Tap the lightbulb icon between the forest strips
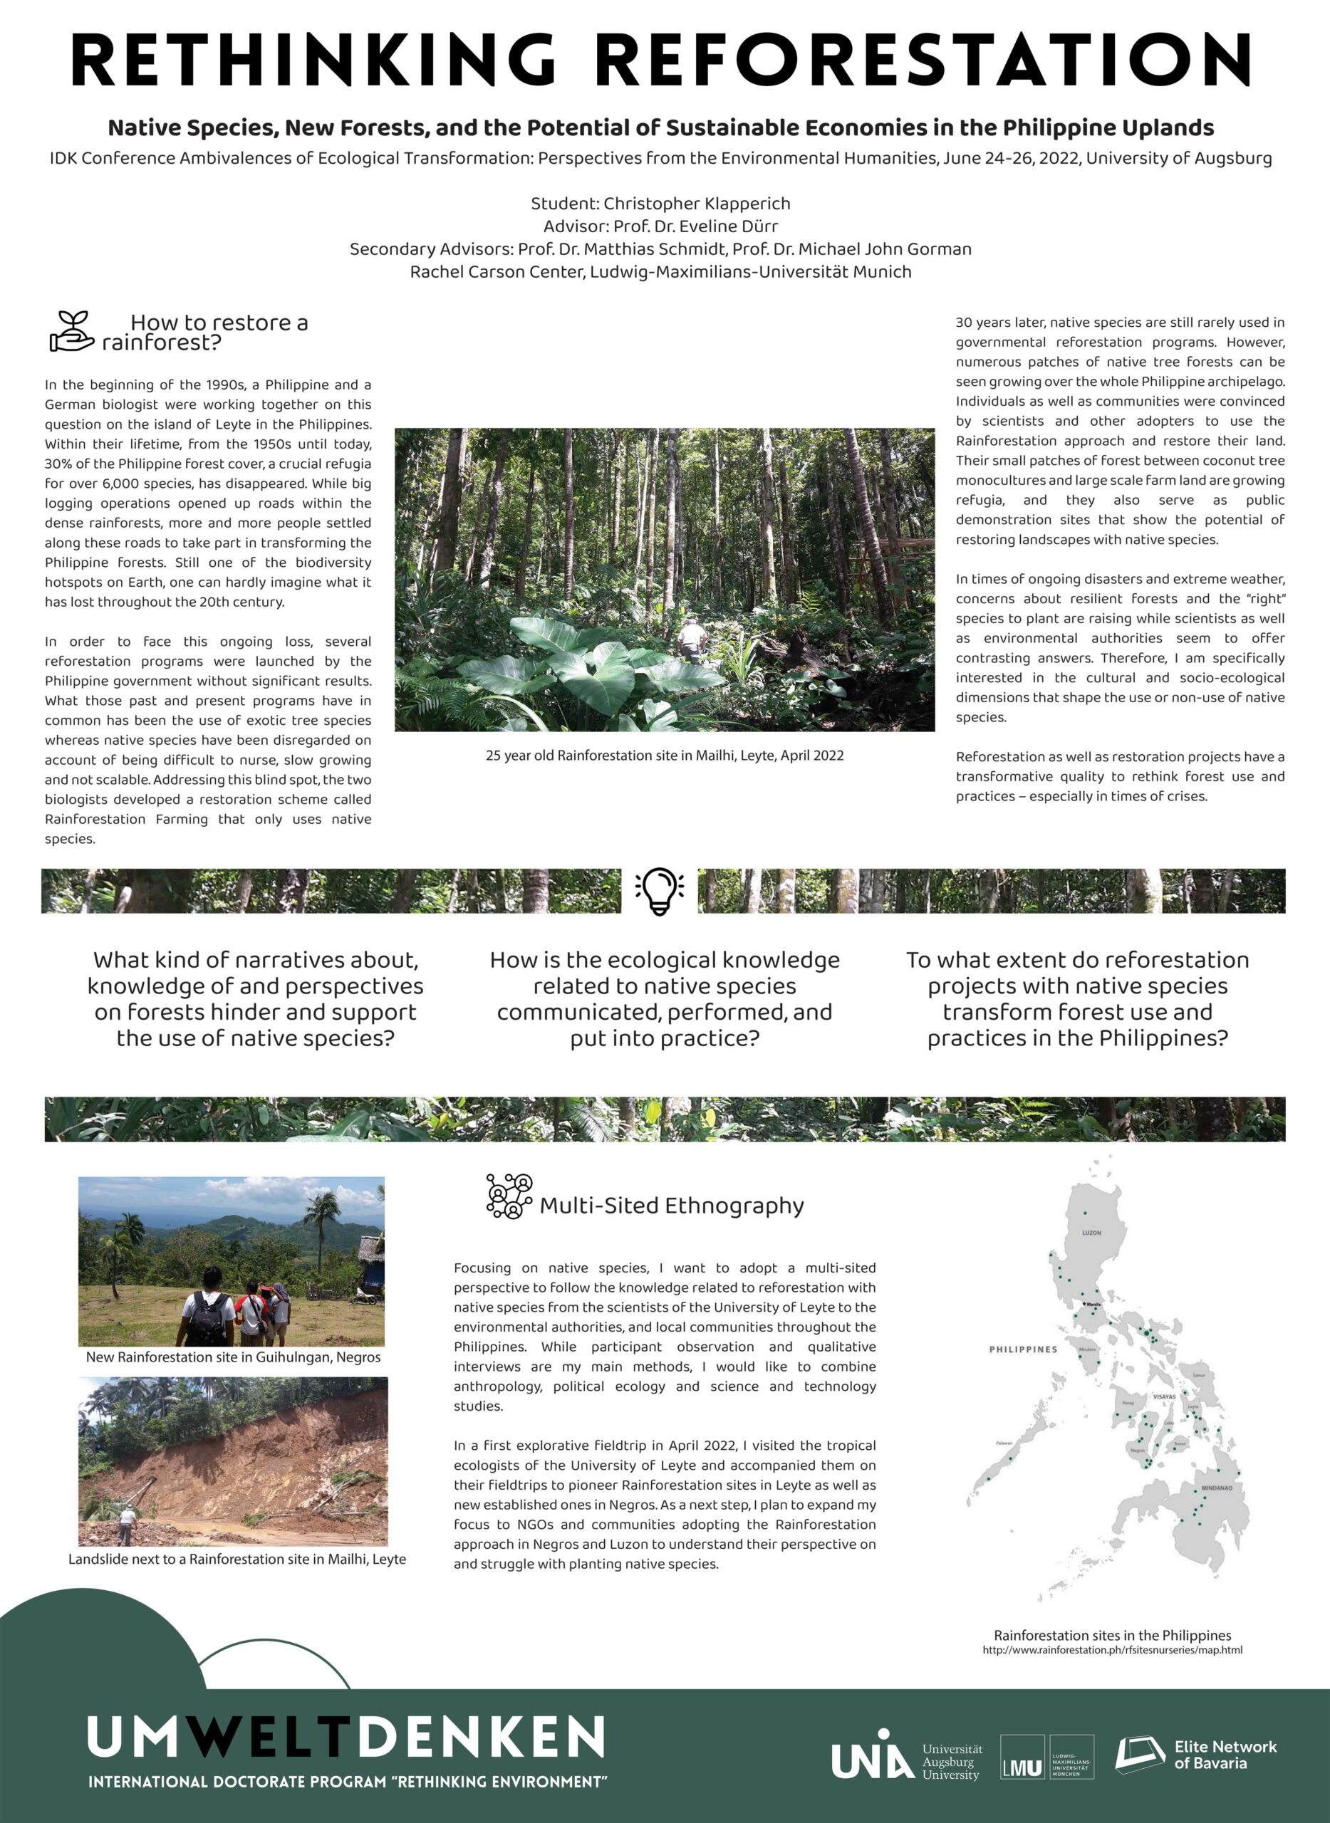[660, 890]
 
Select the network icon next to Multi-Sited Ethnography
[509, 1196]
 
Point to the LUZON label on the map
[1091, 1233]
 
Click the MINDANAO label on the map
[1217, 1488]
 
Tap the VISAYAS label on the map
[1164, 1397]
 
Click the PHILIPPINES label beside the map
[1022, 1349]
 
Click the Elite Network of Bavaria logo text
[1225, 1755]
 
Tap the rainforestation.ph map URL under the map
[1112, 1650]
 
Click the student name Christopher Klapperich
[697, 204]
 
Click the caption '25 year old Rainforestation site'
[664, 755]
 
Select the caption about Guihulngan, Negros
[233, 1357]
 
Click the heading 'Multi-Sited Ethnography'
[672, 1206]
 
